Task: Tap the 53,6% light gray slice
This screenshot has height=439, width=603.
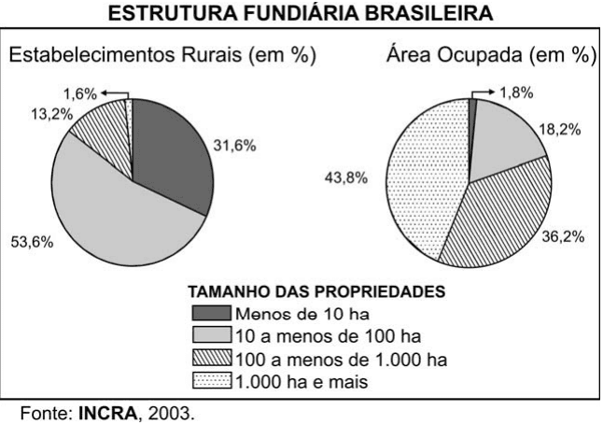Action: (x=112, y=215)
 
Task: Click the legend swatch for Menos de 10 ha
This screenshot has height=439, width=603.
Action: (x=212, y=313)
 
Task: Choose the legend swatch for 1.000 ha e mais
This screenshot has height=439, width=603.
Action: (x=212, y=380)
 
